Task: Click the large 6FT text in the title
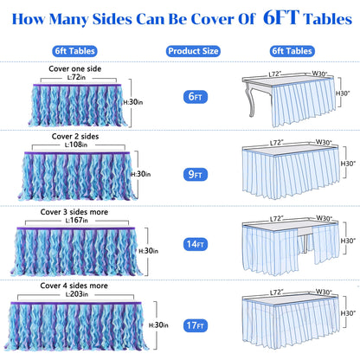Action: click(x=281, y=18)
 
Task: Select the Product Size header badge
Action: click(x=193, y=51)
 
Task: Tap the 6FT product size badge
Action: click(x=196, y=97)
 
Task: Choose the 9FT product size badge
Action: click(x=196, y=174)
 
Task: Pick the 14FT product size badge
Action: click(x=196, y=244)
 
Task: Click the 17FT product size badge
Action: click(x=196, y=325)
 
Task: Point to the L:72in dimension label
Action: click(x=76, y=77)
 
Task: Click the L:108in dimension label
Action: click(x=76, y=145)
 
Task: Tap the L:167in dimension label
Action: click(x=76, y=220)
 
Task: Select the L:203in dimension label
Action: click(x=77, y=294)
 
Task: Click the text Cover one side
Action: click(x=75, y=68)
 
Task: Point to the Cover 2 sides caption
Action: click(x=75, y=136)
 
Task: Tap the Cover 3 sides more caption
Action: click(x=74, y=212)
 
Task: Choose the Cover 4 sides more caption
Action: click(x=74, y=286)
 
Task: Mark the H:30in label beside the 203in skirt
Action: click(x=158, y=325)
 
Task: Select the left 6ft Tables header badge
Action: click(x=74, y=51)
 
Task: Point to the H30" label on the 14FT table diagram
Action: click(x=348, y=241)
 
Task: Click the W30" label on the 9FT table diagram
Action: click(x=324, y=142)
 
